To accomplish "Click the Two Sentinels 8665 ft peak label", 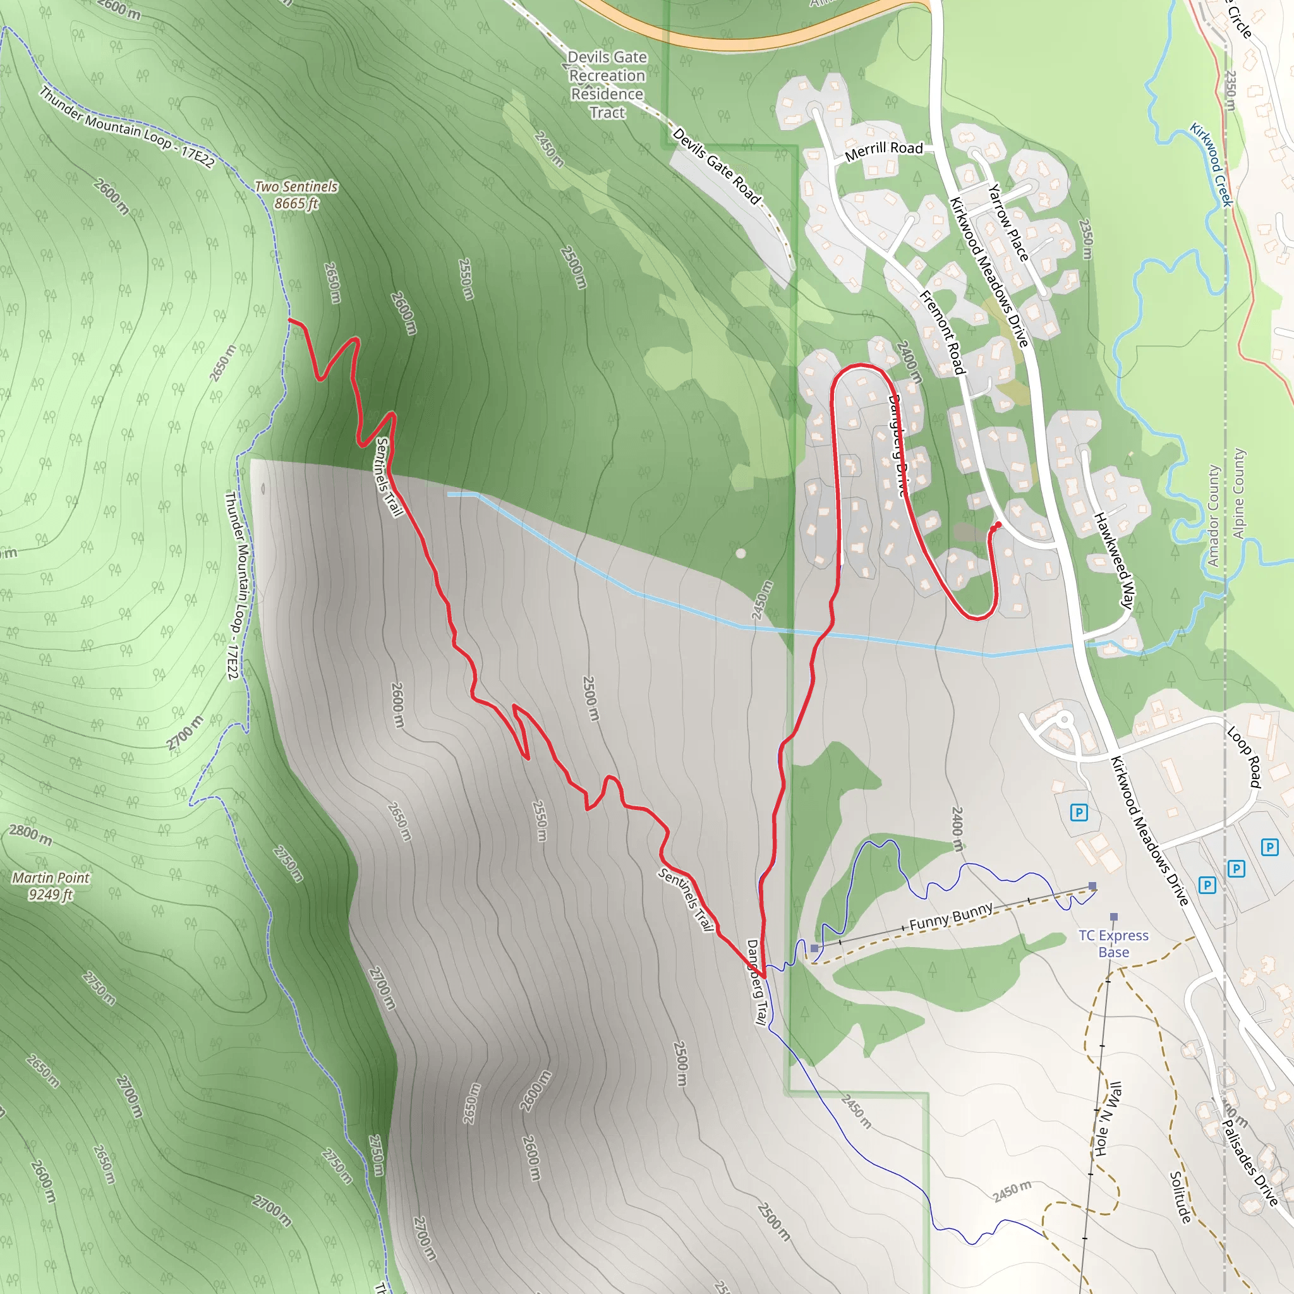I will (296, 195).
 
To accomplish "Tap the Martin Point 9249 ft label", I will (51, 885).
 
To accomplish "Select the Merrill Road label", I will (883, 152).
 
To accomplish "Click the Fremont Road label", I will (942, 332).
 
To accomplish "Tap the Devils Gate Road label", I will (717, 166).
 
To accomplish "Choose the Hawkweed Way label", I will (1113, 560).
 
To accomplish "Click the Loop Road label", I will (1243, 756).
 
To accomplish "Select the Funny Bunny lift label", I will (950, 916).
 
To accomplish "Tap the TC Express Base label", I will (1113, 944).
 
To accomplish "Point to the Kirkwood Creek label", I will (1211, 164).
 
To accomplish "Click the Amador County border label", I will (1214, 516).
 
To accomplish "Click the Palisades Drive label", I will (1250, 1163).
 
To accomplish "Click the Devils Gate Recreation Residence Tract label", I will (607, 85).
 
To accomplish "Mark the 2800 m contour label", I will (31, 835).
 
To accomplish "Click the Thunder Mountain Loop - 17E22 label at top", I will (127, 127).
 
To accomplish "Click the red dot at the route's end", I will (998, 524).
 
